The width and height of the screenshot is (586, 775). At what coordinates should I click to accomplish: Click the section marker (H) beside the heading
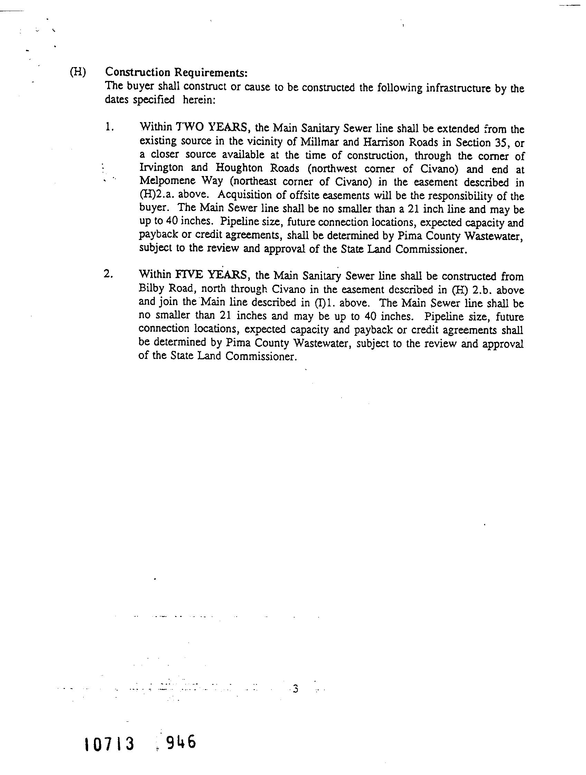tap(77, 72)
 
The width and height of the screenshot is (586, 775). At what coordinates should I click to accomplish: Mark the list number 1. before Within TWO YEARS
tap(109, 128)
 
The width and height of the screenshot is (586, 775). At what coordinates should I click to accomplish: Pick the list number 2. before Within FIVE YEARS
tap(108, 274)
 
